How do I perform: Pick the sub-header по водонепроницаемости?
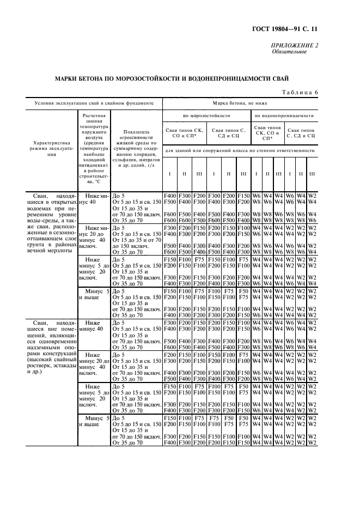(x=284, y=116)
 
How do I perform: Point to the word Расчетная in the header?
(x=95, y=116)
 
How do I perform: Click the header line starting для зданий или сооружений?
(x=239, y=150)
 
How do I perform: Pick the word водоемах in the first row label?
(x=38, y=208)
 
